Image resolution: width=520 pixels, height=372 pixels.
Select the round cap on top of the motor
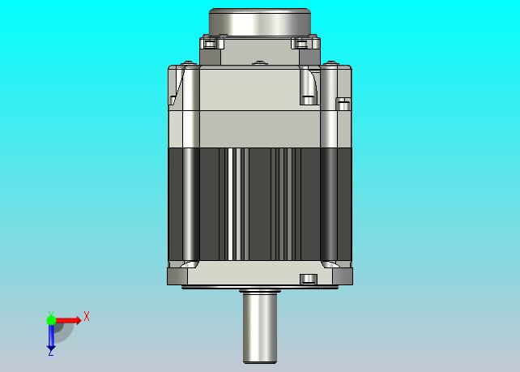[x=260, y=22]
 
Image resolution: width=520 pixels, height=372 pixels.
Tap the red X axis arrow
[x=68, y=320]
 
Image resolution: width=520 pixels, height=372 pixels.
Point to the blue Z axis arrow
[x=51, y=338]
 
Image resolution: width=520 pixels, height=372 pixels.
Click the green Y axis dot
[x=51, y=320]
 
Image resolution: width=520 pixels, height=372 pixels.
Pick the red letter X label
[x=87, y=316]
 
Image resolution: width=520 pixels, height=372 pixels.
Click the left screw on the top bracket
[x=210, y=44]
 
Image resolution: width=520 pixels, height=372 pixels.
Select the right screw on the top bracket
[x=301, y=44]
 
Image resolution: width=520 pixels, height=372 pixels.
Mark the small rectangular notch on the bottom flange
[x=309, y=279]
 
